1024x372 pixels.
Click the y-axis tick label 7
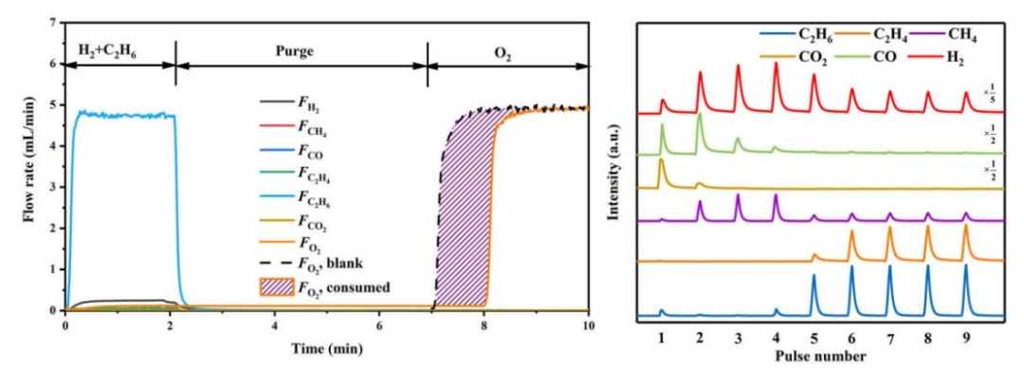[53, 23]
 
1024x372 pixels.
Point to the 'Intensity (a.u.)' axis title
[613, 178]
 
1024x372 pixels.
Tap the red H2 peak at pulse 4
[776, 88]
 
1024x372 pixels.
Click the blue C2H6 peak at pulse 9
[966, 290]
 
